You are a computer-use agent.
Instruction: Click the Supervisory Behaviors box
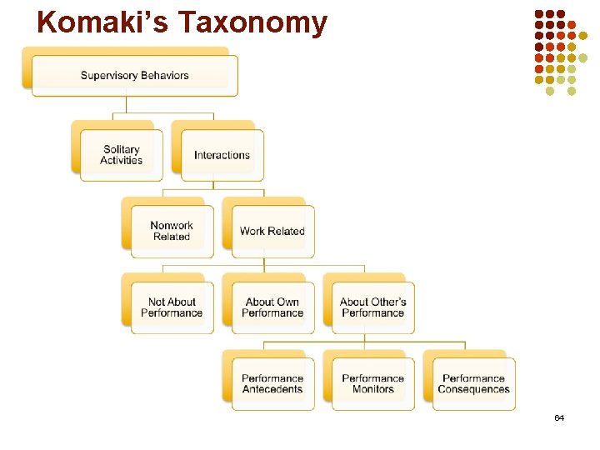[x=134, y=75]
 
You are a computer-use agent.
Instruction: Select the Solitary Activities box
[x=122, y=155]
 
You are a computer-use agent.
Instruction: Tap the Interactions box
[x=222, y=155]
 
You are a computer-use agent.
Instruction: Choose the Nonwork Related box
[x=172, y=231]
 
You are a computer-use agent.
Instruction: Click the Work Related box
[x=272, y=231]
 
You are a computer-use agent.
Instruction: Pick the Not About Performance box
[x=172, y=307]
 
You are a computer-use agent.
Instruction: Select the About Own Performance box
[x=272, y=307]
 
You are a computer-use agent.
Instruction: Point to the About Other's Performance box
[x=372, y=307]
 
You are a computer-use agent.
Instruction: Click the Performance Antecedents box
[x=272, y=384]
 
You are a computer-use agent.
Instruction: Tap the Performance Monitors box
[x=372, y=384]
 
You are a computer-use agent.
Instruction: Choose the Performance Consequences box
[x=473, y=384]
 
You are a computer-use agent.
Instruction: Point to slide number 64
[x=559, y=417]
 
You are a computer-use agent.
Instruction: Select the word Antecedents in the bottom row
[x=272, y=390]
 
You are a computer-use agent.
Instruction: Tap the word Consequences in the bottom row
[x=473, y=390]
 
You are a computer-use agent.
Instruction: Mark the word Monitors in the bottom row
[x=372, y=390]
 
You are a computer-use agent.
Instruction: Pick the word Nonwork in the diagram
[x=172, y=225]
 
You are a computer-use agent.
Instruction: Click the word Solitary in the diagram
[x=122, y=150]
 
